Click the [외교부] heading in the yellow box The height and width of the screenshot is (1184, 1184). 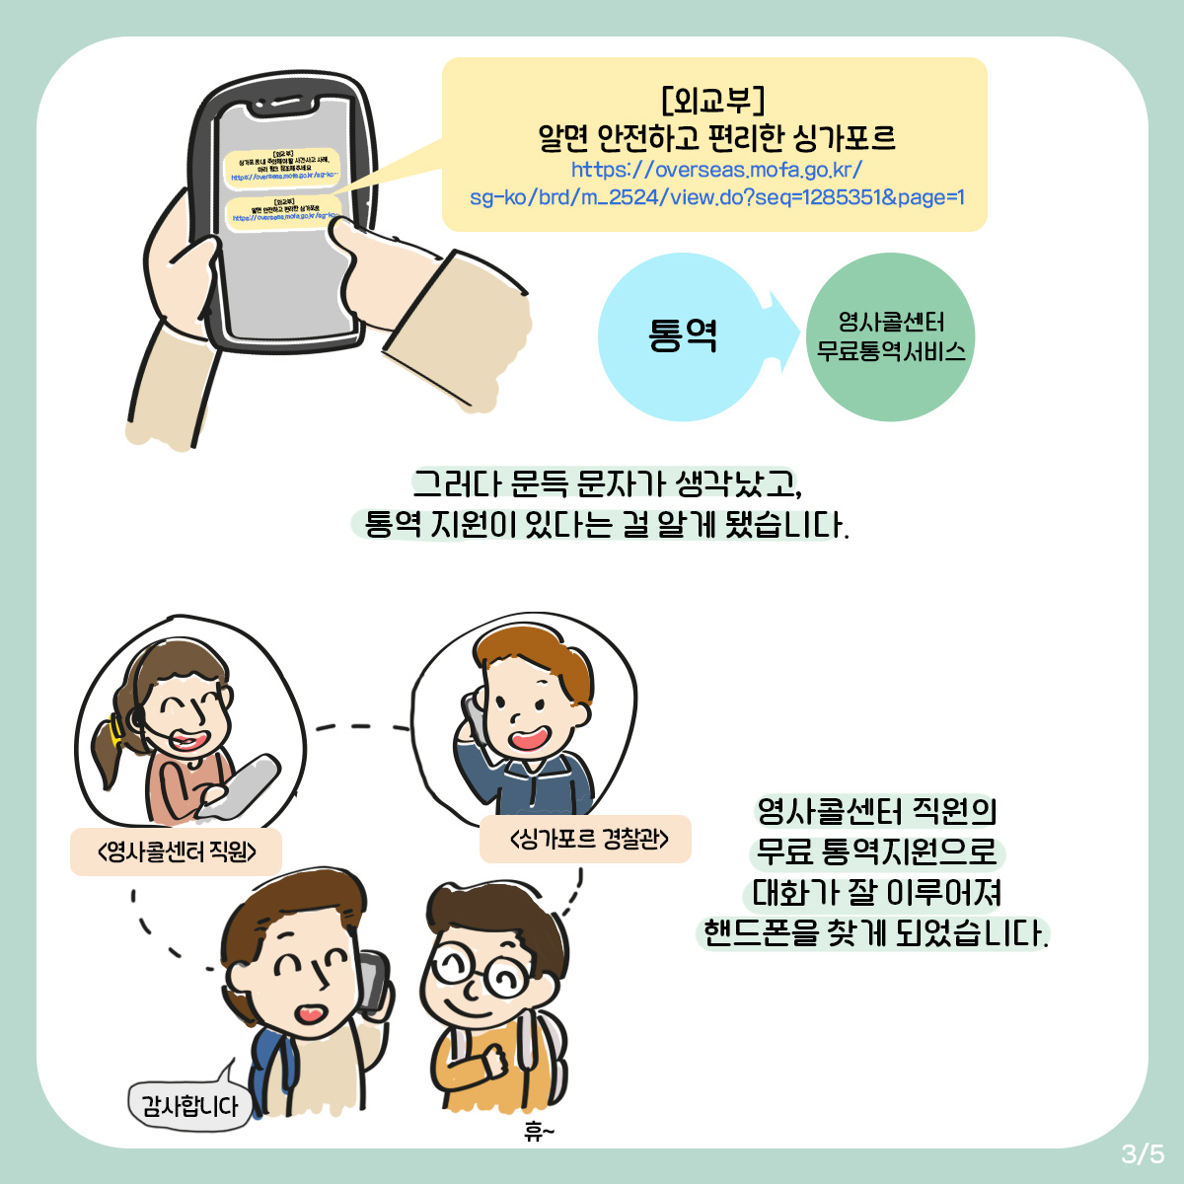(713, 99)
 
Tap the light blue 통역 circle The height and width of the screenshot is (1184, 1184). (683, 336)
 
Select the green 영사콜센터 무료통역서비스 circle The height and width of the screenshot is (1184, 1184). (891, 337)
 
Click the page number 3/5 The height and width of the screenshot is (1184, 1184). (1142, 1152)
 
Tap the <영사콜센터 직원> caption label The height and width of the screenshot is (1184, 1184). (177, 851)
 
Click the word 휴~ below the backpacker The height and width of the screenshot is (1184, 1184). (539, 1132)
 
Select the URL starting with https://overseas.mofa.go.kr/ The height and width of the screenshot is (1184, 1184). (717, 184)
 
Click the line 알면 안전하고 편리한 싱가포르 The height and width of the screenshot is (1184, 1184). (716, 137)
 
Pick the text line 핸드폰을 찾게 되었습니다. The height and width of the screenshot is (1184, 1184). (874, 932)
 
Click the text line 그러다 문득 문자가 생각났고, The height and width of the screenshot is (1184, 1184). (606, 483)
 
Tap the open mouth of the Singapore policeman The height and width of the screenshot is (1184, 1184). (529, 738)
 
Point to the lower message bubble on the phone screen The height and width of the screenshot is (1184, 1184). (283, 211)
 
